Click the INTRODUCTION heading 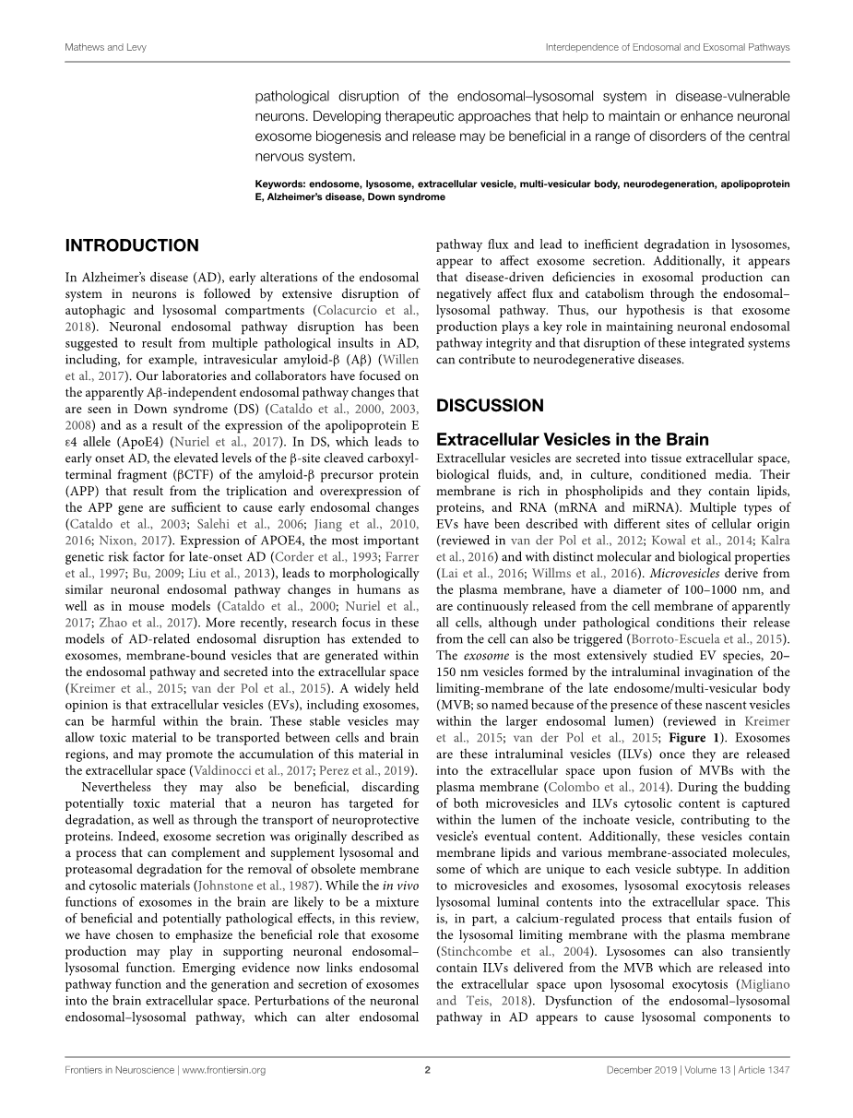131,245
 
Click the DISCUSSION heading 489,405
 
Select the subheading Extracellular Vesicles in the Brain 573,440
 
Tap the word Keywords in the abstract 281,184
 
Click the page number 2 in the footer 427,1070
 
